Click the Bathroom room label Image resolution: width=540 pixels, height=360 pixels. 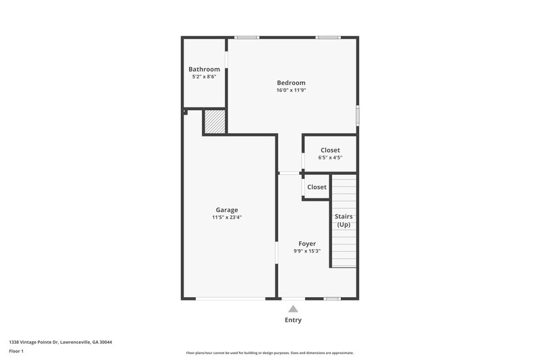click(204, 69)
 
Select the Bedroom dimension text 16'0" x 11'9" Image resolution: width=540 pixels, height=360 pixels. click(291, 91)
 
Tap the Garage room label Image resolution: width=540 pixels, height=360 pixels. click(227, 209)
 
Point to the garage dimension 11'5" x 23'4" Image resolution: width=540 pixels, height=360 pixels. click(227, 217)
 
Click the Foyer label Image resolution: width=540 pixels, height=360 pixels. click(307, 243)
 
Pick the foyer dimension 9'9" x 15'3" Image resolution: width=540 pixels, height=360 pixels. click(307, 251)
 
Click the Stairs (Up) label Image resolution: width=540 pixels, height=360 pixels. click(344, 220)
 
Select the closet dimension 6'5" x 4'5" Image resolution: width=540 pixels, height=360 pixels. click(330, 158)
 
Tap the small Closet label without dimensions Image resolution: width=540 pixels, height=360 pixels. click(317, 187)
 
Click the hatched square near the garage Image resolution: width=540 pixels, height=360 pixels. click(214, 122)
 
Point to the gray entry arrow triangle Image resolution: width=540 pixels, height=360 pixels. click(293, 309)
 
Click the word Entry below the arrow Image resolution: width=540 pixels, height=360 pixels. click(293, 320)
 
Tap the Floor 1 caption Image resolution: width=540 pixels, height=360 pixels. click(17, 352)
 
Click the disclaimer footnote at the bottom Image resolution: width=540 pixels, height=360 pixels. click(269, 353)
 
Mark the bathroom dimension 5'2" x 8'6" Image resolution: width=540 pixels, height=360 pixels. click(204, 77)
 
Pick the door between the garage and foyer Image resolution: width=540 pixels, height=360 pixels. click(276, 253)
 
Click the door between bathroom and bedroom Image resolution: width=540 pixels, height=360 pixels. click(226, 59)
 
